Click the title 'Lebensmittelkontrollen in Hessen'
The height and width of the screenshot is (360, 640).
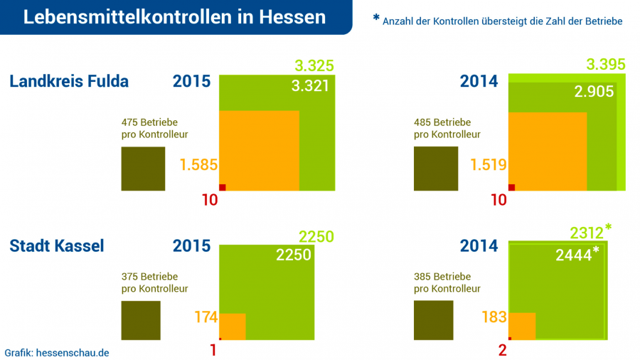[174, 17]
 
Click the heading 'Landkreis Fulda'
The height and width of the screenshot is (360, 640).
[69, 81]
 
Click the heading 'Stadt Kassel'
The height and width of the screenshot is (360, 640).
[57, 246]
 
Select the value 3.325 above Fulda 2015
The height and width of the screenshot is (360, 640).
[314, 66]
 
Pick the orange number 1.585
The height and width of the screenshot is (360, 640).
[198, 165]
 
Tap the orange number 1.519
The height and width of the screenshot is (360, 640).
[489, 165]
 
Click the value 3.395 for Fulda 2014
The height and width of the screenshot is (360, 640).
[606, 65]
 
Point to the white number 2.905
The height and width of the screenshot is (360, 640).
[594, 91]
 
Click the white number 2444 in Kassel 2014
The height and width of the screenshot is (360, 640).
[574, 255]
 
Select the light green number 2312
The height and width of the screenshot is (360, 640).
[587, 233]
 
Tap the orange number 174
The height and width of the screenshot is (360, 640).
[206, 317]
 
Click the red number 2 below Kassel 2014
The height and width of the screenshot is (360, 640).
[503, 350]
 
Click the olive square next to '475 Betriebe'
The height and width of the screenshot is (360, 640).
[143, 169]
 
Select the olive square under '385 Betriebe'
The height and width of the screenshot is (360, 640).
[433, 320]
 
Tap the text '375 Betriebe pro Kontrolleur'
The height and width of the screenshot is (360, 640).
[154, 282]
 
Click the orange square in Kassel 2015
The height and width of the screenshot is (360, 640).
[233, 327]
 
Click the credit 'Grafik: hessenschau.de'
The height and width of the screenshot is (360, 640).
[57, 352]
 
